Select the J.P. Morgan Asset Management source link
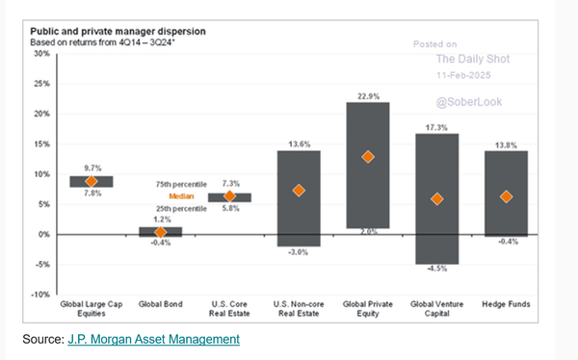[154, 339]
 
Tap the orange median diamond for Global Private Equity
[367, 157]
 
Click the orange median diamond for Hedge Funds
[506, 196]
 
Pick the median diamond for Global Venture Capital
[436, 199]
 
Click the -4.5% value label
[436, 270]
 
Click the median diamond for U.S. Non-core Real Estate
[298, 191]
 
